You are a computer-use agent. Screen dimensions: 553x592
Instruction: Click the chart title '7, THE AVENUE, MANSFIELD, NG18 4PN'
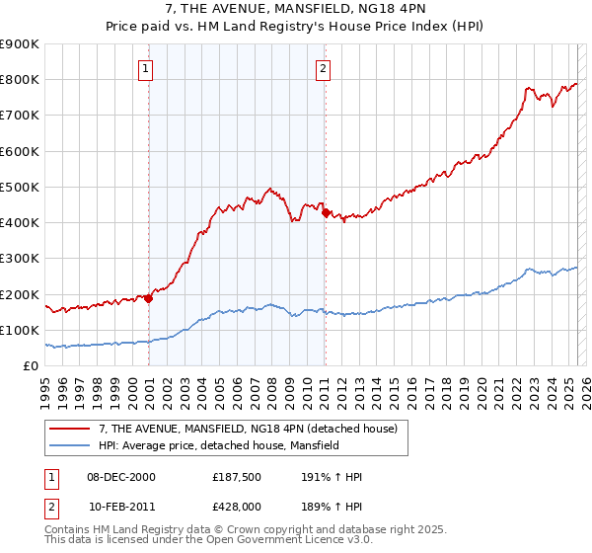[x=295, y=10]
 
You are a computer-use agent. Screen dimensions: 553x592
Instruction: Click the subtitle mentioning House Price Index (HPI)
[x=295, y=28]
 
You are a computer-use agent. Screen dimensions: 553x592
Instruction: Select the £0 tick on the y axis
[x=31, y=366]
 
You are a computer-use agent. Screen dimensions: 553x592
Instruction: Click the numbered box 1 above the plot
[x=146, y=68]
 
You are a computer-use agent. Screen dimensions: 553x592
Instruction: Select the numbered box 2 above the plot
[x=323, y=68]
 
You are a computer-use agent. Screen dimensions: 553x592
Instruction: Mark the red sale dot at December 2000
[x=149, y=298]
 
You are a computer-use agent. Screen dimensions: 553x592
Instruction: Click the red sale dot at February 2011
[x=325, y=212]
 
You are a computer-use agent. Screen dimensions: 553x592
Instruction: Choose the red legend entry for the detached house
[x=248, y=429]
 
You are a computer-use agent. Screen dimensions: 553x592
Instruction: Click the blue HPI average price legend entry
[x=218, y=446]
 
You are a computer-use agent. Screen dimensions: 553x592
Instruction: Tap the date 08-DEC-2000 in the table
[x=121, y=477]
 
